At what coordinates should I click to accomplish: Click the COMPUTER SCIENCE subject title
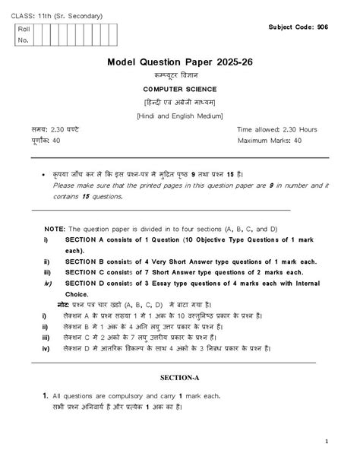[180, 89]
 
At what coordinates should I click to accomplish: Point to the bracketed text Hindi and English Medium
[180, 115]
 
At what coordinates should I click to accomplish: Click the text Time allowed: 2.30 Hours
[276, 129]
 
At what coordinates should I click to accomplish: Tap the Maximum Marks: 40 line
[270, 141]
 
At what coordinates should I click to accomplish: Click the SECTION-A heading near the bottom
[181, 377]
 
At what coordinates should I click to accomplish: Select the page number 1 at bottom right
[326, 441]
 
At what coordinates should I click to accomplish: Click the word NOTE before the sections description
[55, 228]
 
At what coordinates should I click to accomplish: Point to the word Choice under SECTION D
[77, 293]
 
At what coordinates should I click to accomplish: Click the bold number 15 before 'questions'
[86, 195]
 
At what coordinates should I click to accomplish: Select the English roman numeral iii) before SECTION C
[47, 271]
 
